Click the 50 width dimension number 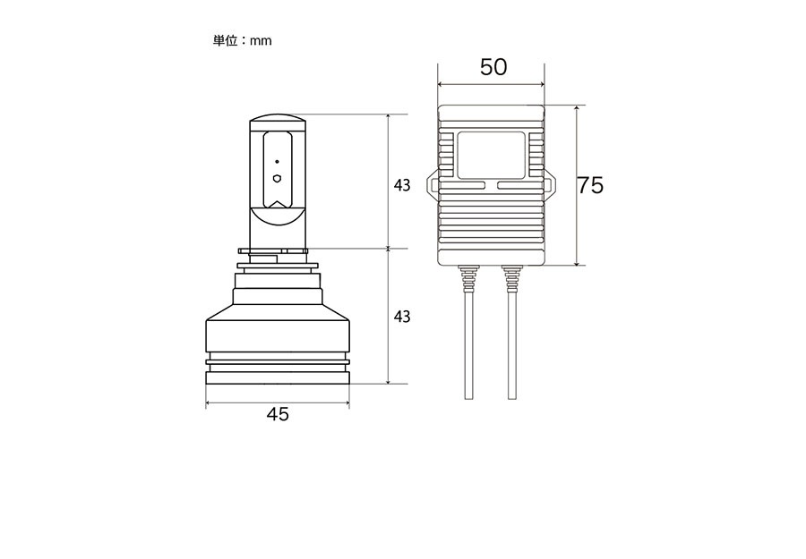(x=493, y=67)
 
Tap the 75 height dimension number (x=590, y=185)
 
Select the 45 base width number (x=278, y=414)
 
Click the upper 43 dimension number (x=402, y=185)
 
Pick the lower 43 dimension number (x=402, y=317)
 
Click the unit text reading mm (x=262, y=41)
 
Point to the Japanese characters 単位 (x=225, y=40)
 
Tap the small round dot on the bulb (x=277, y=162)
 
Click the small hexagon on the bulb (x=277, y=179)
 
